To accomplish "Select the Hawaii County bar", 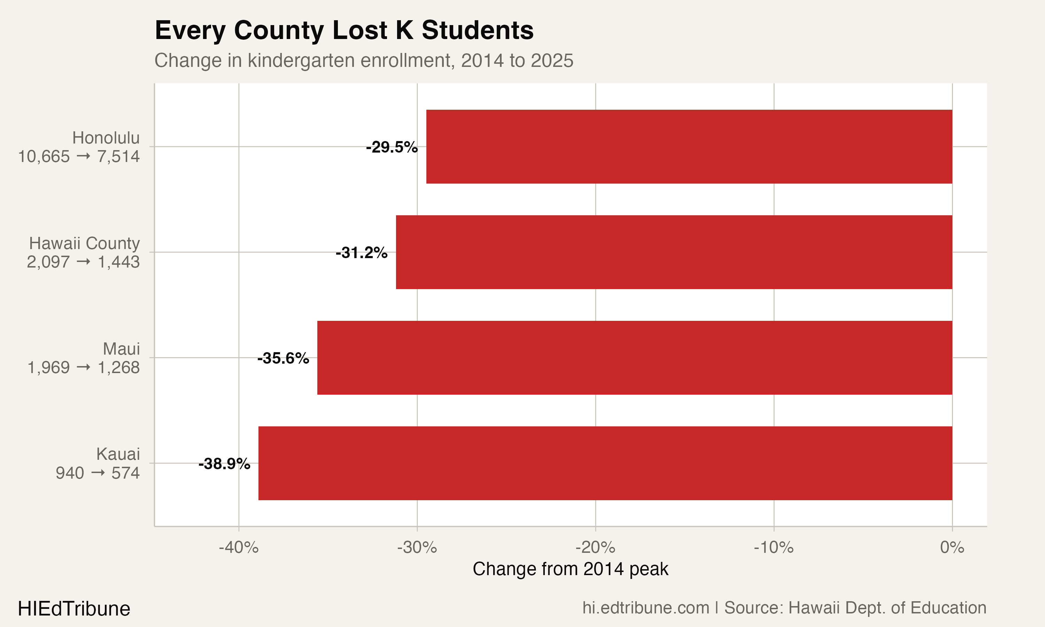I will tap(674, 252).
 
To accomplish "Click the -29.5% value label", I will tap(392, 147).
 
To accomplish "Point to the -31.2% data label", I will tap(361, 253).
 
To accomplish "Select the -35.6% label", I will tap(283, 358).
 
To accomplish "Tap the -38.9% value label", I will tap(224, 464).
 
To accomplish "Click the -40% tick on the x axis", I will tap(239, 548).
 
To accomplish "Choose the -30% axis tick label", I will tap(417, 548).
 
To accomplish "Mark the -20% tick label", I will tap(595, 548).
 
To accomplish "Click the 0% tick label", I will tap(952, 548).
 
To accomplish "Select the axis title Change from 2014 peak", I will tap(570, 569).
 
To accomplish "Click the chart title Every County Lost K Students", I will tap(344, 30).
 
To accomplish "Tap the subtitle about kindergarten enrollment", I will tap(364, 60).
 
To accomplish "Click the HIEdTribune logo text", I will tap(74, 609).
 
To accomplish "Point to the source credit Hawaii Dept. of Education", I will tap(855, 608).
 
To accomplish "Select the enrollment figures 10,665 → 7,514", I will tap(79, 157).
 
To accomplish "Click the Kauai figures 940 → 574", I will tap(98, 473).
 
